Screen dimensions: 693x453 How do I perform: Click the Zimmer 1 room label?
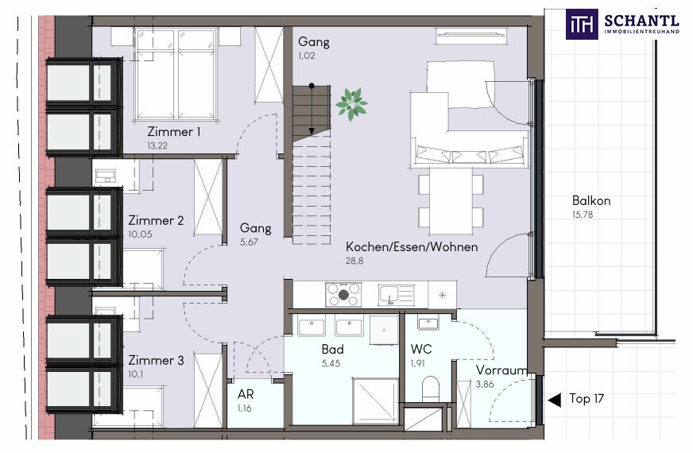(x=174, y=132)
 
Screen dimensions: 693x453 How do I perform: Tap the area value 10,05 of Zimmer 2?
(x=140, y=234)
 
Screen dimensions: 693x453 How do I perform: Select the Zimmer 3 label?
(x=156, y=360)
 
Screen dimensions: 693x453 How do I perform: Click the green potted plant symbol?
(x=351, y=104)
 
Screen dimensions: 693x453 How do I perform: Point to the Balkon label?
(x=591, y=200)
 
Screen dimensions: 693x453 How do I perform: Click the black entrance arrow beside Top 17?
(x=554, y=400)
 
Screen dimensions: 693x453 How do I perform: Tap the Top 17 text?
(x=587, y=399)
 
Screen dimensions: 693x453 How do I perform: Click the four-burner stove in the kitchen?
(x=343, y=295)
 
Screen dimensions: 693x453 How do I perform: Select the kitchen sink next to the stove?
(x=397, y=295)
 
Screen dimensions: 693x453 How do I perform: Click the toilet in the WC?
(x=430, y=389)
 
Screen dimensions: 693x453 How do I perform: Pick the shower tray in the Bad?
(x=376, y=401)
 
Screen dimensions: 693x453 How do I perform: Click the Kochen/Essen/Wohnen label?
(x=412, y=246)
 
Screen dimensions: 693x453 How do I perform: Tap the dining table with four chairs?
(x=451, y=200)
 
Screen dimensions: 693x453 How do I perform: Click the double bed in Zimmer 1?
(x=176, y=74)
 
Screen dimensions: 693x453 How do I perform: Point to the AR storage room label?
(x=246, y=393)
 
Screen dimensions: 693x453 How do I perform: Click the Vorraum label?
(x=501, y=370)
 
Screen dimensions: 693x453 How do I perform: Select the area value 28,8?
(x=354, y=261)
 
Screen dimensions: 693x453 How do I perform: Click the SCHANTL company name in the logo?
(x=641, y=21)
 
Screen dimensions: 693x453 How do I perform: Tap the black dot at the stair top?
(x=312, y=86)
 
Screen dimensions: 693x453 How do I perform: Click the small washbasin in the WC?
(x=428, y=323)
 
